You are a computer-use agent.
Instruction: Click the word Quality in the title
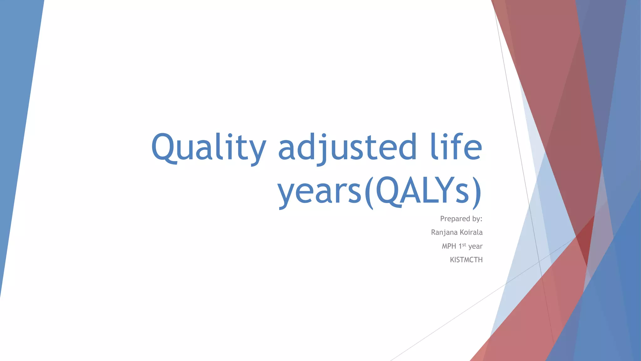coord(208,147)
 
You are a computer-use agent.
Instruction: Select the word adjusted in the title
coord(347,147)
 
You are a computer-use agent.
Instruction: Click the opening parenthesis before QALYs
coord(369,192)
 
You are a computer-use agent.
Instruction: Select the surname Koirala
coord(471,233)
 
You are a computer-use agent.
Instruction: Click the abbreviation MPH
coord(449,246)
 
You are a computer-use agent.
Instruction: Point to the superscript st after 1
coord(464,244)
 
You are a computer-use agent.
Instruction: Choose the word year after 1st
coord(475,247)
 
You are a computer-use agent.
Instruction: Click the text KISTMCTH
coord(466,260)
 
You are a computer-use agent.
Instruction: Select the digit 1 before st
coord(460,246)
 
